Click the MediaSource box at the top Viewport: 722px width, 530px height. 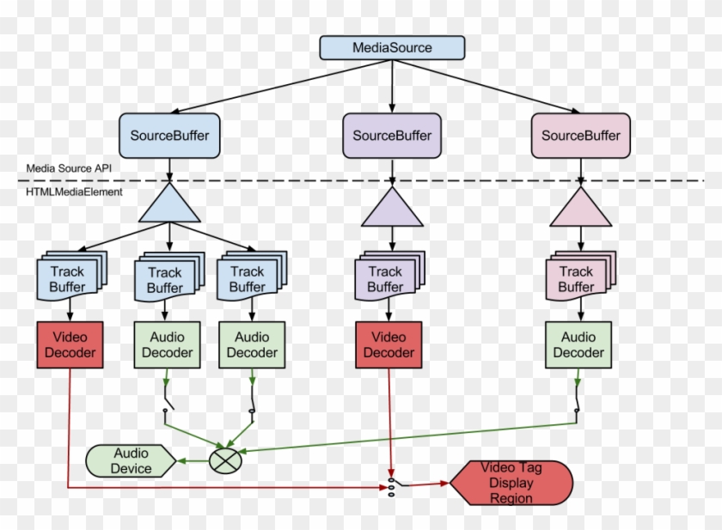pos(392,47)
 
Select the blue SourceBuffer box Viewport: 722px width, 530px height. pos(169,136)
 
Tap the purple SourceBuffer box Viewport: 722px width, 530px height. pos(392,136)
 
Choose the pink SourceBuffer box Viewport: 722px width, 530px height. pos(580,136)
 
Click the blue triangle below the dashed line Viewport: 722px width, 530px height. pos(169,206)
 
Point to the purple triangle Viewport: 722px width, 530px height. pos(392,209)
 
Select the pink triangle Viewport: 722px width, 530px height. pos(580,209)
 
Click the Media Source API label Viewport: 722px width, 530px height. pos(67,168)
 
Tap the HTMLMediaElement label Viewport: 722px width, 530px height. pos(74,192)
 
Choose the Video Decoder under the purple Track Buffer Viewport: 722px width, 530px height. pos(388,344)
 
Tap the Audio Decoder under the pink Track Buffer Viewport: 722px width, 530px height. pos(578,344)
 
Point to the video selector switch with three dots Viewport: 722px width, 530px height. pos(392,484)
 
